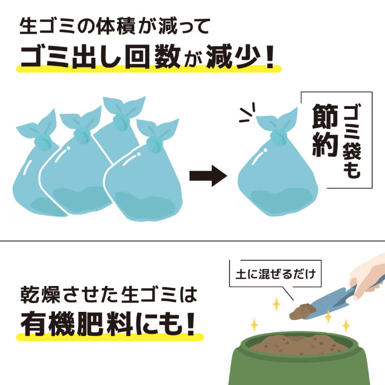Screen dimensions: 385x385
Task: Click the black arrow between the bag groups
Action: pyautogui.click(x=208, y=176)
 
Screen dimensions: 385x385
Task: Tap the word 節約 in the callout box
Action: pyautogui.click(x=325, y=130)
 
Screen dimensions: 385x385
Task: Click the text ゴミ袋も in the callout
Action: pyautogui.click(x=352, y=141)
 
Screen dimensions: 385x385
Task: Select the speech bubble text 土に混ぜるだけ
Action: pyautogui.click(x=276, y=274)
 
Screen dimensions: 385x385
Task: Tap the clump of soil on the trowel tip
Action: pyautogui.click(x=301, y=311)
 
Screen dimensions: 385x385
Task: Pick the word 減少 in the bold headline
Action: pyautogui.click(x=233, y=57)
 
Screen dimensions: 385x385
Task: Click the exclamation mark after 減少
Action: pyautogui.click(x=270, y=57)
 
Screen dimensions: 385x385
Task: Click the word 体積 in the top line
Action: pyautogui.click(x=116, y=26)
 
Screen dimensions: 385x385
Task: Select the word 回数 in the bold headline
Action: pyautogui.click(x=153, y=57)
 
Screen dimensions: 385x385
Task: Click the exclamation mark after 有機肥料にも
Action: pyautogui.click(x=191, y=323)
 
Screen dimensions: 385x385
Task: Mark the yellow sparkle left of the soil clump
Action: pyautogui.click(x=277, y=304)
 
